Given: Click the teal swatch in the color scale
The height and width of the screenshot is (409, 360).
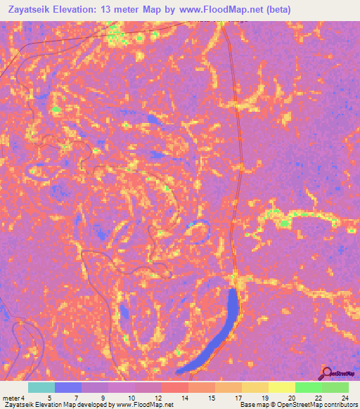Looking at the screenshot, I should pyautogui.click(x=41, y=387).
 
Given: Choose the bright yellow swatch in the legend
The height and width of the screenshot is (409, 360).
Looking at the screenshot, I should pyautogui.click(x=282, y=387).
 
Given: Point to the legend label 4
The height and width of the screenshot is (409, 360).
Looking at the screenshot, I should pyautogui.click(x=23, y=399).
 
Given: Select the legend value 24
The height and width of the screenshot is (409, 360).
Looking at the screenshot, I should pyautogui.click(x=344, y=399).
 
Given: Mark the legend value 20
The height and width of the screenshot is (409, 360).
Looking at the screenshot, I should pyautogui.click(x=292, y=399).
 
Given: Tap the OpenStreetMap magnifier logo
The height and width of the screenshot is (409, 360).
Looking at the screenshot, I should pyautogui.click(x=327, y=373).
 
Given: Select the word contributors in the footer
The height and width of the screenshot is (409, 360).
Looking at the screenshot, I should pyautogui.click(x=337, y=405).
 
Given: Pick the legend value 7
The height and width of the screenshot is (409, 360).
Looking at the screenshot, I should pyautogui.click(x=75, y=399).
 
